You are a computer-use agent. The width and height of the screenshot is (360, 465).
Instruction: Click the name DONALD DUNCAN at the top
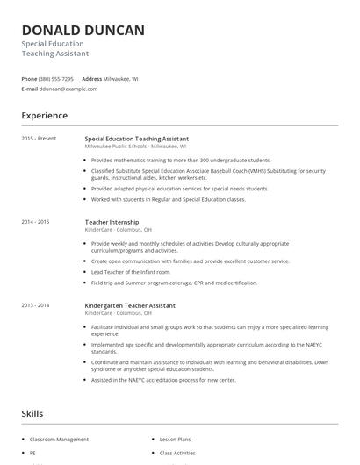pos(83,31)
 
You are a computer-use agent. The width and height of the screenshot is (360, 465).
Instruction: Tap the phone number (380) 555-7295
pos(56,78)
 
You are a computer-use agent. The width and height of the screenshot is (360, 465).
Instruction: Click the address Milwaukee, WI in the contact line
pos(120,78)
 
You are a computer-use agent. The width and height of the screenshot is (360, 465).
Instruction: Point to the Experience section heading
pos(44,115)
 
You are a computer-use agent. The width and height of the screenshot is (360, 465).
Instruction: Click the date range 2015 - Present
pos(39,139)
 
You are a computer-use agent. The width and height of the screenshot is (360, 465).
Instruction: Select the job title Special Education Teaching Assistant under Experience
pos(136,139)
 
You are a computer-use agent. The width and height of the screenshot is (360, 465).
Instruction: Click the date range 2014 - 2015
pos(36,222)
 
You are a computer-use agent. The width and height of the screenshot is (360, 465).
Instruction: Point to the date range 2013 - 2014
pos(36,304)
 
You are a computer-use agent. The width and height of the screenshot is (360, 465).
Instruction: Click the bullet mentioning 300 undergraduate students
pos(180,161)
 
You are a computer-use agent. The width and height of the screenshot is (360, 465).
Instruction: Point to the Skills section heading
pos(32,412)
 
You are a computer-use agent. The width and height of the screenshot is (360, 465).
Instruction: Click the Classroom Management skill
pos(59,439)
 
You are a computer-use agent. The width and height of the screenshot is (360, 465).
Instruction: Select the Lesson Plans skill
pos(176,439)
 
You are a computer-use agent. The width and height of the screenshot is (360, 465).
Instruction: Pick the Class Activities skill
pos(177,453)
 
